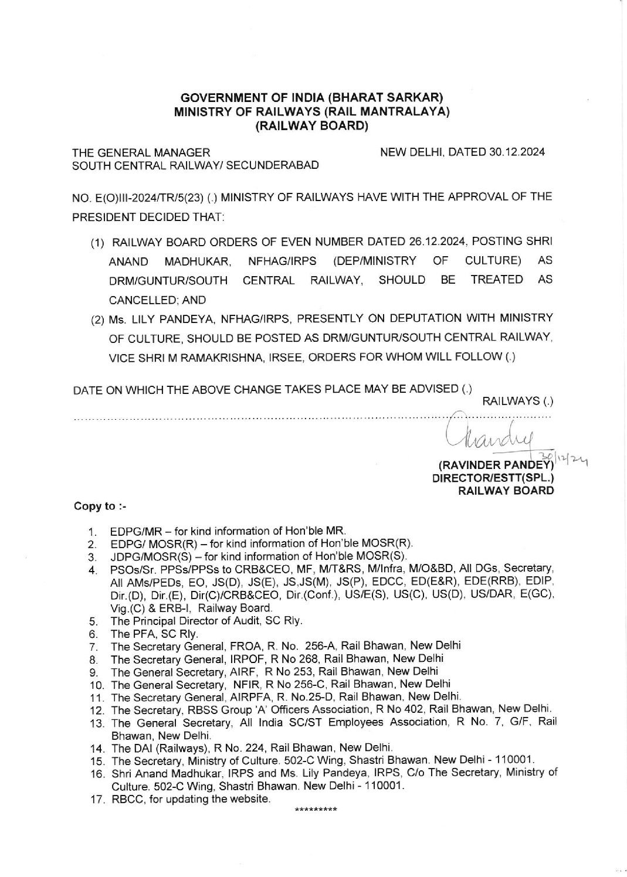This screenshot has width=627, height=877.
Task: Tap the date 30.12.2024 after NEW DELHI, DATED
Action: pos(516,152)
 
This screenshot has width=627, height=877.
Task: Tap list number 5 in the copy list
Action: pos(92,621)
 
